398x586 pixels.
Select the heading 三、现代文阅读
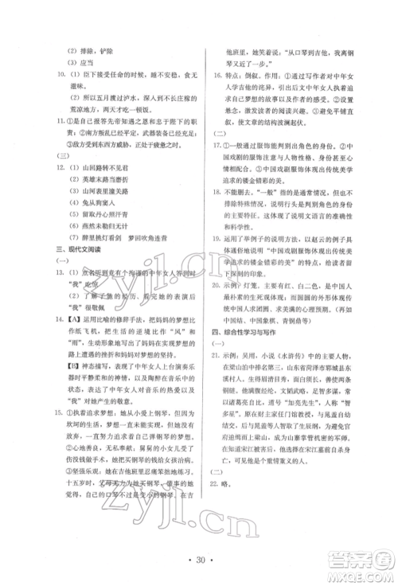[66, 262]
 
